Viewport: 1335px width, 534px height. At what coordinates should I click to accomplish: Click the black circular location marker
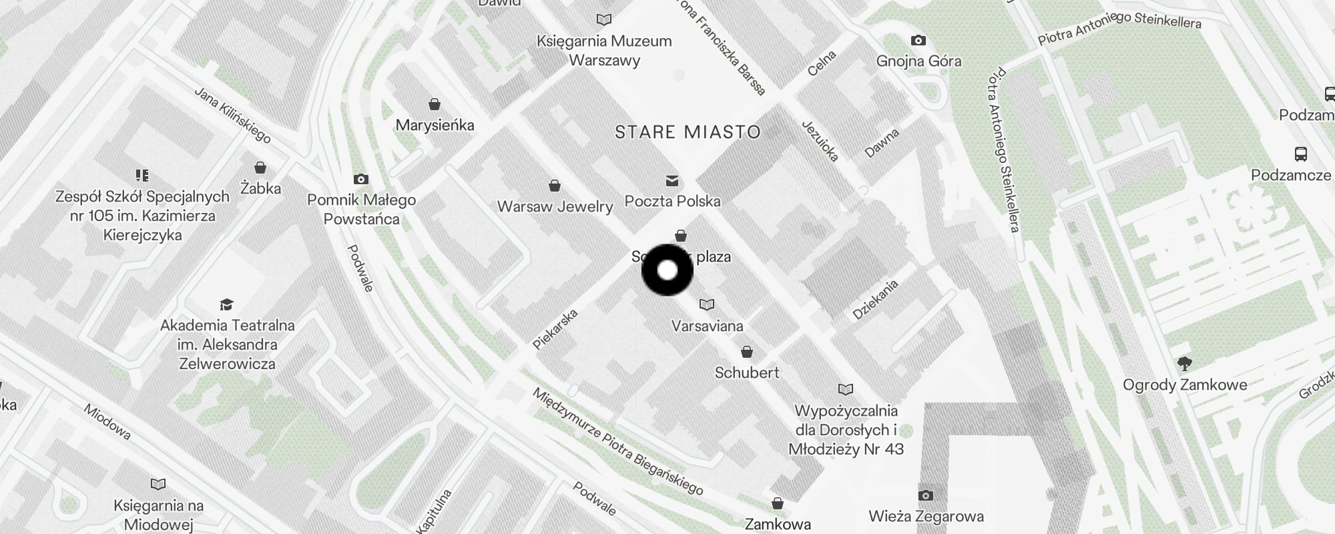point(667,270)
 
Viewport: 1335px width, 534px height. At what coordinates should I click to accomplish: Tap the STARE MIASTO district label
point(688,132)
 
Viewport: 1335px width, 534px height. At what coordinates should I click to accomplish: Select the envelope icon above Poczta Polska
point(672,180)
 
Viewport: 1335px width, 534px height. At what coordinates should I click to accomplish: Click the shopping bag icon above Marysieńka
point(435,104)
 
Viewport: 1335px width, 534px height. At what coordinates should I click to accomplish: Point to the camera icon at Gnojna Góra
point(918,41)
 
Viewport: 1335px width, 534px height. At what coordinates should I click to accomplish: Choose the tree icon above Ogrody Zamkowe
point(1185,364)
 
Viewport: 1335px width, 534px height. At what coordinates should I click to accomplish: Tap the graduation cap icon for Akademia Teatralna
point(226,305)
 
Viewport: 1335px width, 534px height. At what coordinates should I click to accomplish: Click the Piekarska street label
point(555,329)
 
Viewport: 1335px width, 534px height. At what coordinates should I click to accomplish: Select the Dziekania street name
point(875,299)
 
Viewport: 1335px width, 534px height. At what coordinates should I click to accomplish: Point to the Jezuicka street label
point(820,141)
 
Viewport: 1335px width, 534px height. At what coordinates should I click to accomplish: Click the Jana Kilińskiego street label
point(232,115)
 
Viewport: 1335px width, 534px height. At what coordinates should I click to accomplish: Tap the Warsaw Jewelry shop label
point(555,206)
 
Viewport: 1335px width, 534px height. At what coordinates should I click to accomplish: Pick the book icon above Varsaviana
point(707,305)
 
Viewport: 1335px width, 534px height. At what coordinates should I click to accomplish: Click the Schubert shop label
point(747,372)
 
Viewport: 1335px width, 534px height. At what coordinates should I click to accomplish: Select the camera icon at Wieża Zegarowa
point(925,495)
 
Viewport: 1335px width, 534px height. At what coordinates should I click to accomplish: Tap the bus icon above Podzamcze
point(1301,154)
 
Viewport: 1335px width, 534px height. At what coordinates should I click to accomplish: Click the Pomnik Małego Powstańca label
point(361,210)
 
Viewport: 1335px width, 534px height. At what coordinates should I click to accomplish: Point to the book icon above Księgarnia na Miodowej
point(158,484)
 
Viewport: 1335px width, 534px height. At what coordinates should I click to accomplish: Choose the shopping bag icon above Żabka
point(260,168)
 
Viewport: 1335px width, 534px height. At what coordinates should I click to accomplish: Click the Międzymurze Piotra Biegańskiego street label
point(617,442)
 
